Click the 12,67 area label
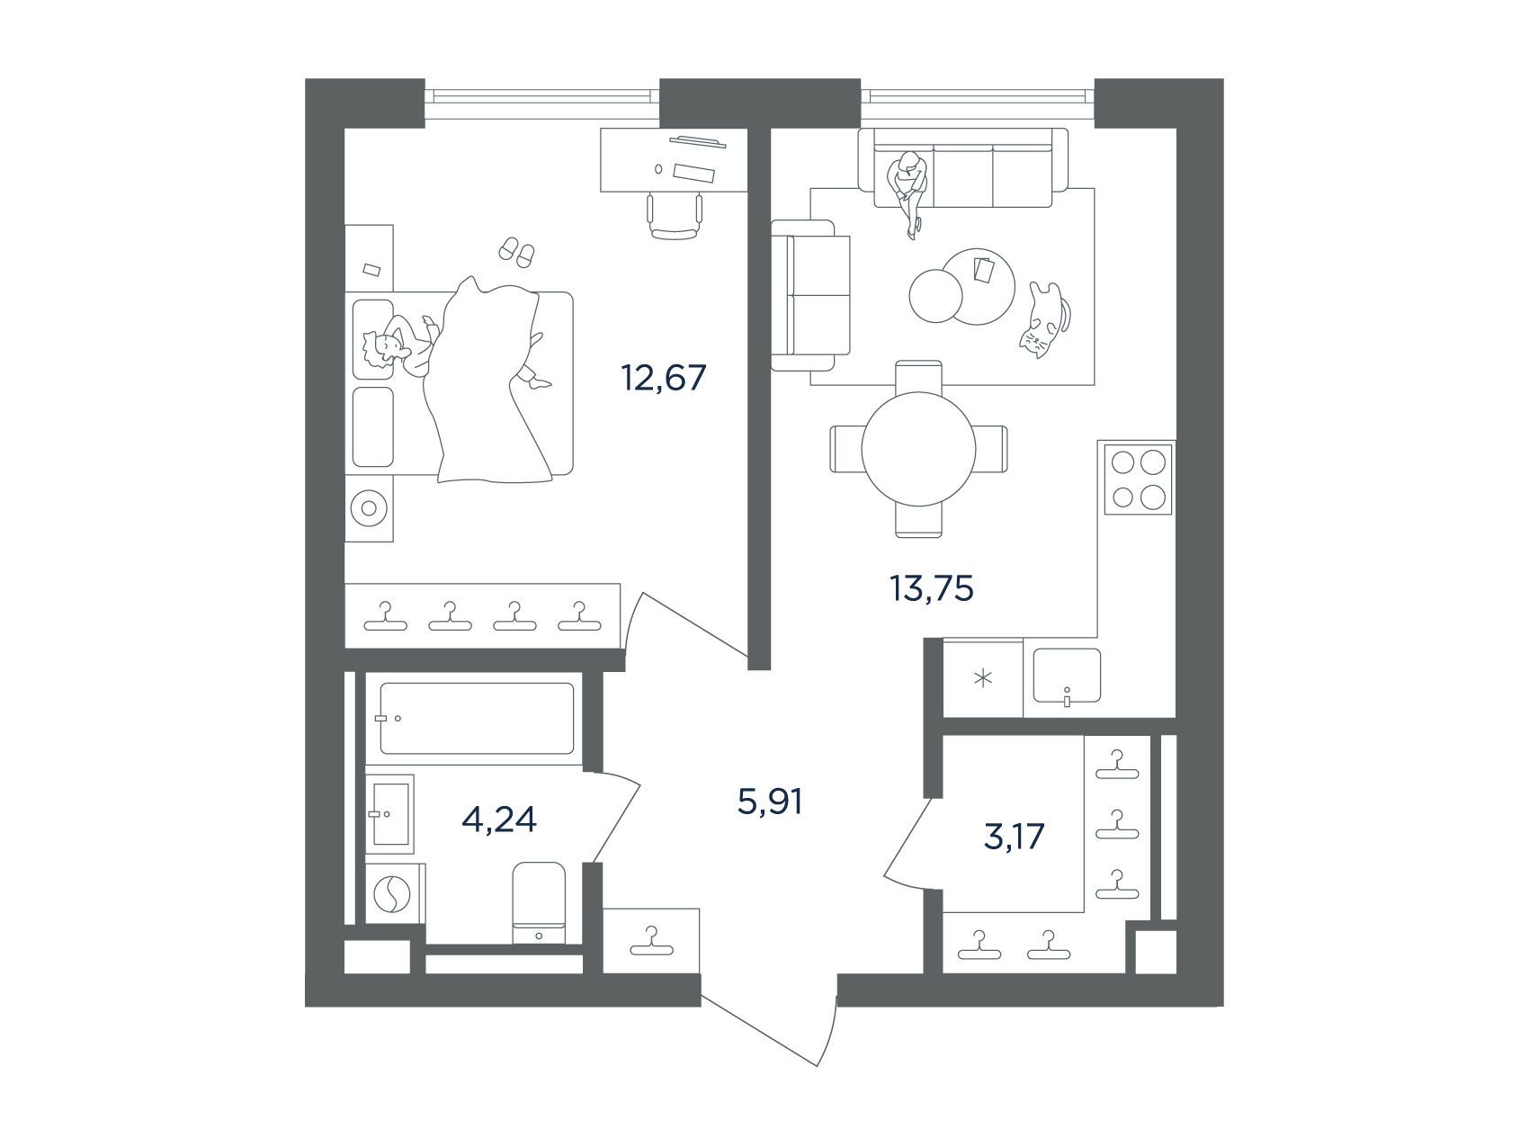664,378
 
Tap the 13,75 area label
932,589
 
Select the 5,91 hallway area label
768,801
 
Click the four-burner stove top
1139,479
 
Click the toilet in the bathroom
539,903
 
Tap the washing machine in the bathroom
393,894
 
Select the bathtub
477,718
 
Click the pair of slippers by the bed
516,250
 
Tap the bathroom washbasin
389,813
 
